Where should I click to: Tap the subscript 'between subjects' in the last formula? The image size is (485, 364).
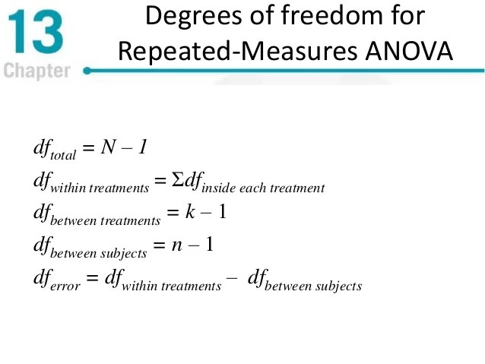318,286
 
